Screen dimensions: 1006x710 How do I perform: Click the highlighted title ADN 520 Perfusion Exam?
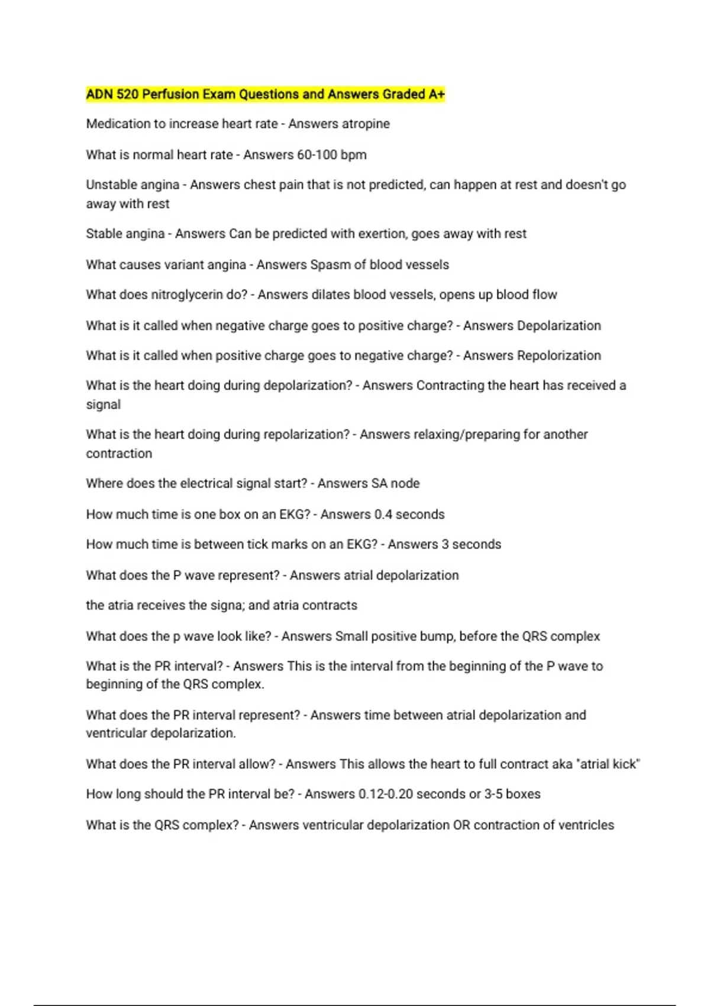(x=265, y=94)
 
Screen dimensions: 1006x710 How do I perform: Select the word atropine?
(x=368, y=124)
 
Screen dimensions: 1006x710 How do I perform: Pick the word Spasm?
(x=330, y=265)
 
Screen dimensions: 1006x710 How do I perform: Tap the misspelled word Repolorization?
(x=559, y=356)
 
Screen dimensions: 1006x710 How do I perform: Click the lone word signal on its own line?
(x=103, y=405)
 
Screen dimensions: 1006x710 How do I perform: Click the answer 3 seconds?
(x=471, y=544)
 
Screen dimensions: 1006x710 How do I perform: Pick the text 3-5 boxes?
(x=512, y=794)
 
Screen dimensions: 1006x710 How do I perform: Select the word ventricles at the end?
(x=586, y=825)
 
